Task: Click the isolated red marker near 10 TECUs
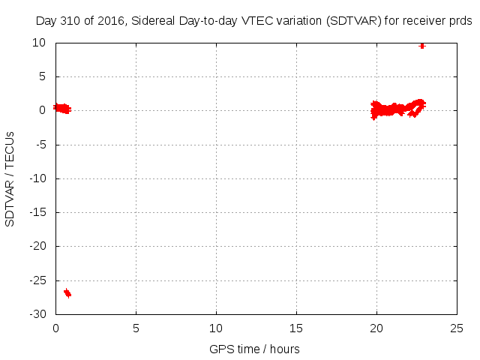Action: pyautogui.click(x=422, y=46)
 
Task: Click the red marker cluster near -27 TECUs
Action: pyautogui.click(x=67, y=292)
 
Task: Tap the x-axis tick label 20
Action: pyautogui.click(x=376, y=328)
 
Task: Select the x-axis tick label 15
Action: pyautogui.click(x=296, y=328)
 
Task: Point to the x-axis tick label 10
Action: pyautogui.click(x=216, y=328)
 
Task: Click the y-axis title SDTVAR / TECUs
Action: pyautogui.click(x=10, y=178)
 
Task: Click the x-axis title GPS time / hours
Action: pyautogui.click(x=255, y=349)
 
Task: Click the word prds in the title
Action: pyautogui.click(x=460, y=21)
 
